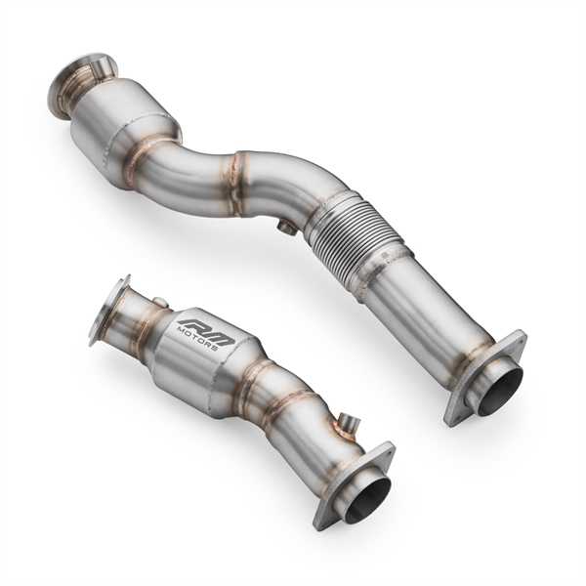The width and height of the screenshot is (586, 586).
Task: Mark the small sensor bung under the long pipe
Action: point(285,229)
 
